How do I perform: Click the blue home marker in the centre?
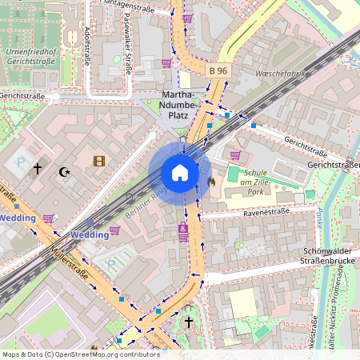[180, 173]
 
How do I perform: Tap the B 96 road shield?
[218, 71]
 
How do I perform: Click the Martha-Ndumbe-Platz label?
[178, 106]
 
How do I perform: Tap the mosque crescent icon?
[65, 171]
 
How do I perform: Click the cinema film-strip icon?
[98, 162]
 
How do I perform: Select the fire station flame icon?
[212, 182]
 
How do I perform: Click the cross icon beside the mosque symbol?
[37, 169]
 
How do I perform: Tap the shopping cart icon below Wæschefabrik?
[235, 155]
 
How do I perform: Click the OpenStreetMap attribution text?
[81, 354]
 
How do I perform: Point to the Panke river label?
[340, 218]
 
